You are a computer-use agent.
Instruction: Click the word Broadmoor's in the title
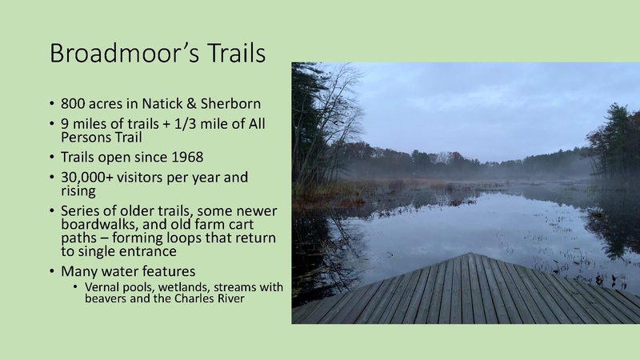click(123, 54)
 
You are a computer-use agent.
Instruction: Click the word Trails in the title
click(234, 54)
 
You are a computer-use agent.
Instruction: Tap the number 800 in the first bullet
click(73, 105)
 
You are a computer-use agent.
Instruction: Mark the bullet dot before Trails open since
click(51, 158)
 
